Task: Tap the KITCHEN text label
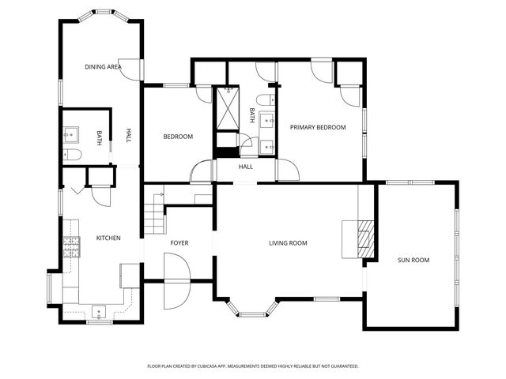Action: (108, 238)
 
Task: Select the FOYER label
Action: (179, 242)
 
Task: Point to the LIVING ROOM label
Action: (288, 242)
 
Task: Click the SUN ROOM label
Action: (413, 259)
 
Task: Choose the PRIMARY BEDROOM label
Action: (318, 127)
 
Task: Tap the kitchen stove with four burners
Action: (72, 247)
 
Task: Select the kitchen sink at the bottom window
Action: (100, 310)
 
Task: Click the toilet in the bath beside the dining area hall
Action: (69, 154)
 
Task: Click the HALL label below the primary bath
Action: (246, 167)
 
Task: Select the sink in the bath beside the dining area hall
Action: (70, 134)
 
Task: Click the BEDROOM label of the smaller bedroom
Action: (178, 137)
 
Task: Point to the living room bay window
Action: (253, 308)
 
